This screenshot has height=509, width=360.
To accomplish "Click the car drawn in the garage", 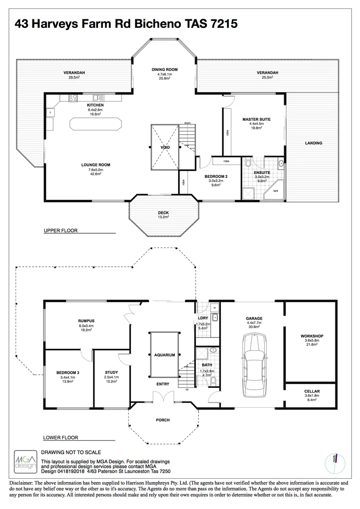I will (254, 367).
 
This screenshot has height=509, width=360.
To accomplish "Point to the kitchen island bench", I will (95, 124).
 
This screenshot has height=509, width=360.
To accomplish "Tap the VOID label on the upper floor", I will (164, 148).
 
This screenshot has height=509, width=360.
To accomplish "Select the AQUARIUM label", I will (164, 355).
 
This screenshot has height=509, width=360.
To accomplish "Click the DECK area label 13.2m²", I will (164, 217).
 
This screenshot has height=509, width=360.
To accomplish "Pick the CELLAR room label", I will (312, 391).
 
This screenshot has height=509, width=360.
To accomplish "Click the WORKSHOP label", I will (311, 336).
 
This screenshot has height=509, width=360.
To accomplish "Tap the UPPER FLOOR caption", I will (60, 231).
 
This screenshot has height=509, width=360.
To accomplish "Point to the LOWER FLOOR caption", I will (61, 437).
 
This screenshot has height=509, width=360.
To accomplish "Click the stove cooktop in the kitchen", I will (74, 99).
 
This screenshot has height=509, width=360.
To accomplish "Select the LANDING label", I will (313, 143).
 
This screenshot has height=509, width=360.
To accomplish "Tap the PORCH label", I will (163, 420).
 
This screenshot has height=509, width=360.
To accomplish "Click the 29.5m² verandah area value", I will (74, 77).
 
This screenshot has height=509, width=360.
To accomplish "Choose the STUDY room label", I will (112, 372).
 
